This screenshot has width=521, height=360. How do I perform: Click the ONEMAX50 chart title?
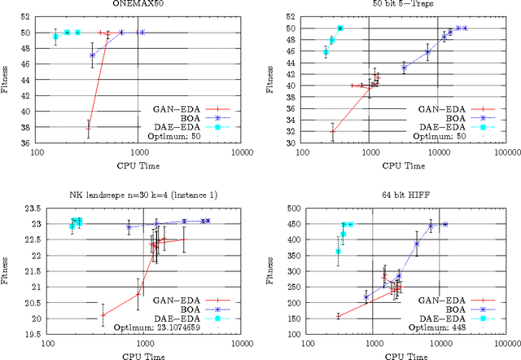138,4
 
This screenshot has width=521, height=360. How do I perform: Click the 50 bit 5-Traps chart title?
400,4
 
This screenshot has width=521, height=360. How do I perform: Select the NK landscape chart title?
138,190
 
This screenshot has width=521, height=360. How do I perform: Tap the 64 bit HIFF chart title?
400,190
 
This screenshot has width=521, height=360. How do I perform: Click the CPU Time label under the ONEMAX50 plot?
138,165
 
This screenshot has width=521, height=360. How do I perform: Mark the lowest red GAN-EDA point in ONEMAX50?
88,128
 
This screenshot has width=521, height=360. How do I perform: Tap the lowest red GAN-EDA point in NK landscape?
103,315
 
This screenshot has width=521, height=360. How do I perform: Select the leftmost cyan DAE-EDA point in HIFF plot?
338,251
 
